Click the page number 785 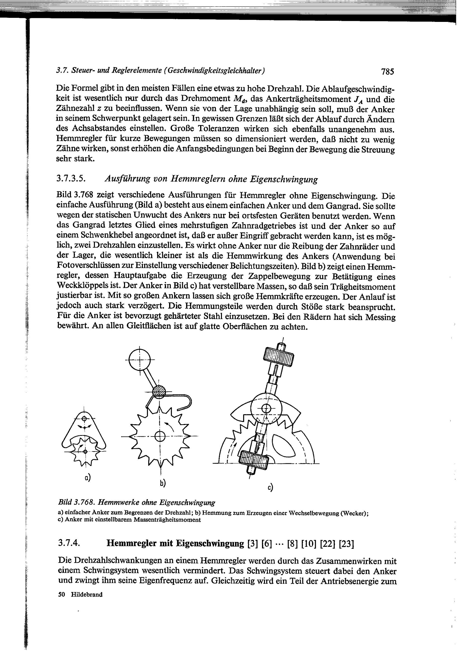point(387,71)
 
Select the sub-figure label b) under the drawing point(163,483)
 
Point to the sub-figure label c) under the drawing point(270,488)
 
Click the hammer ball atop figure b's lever point(140,360)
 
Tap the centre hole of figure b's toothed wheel point(160,436)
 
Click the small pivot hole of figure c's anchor point(266,408)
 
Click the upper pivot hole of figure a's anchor point(84,419)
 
